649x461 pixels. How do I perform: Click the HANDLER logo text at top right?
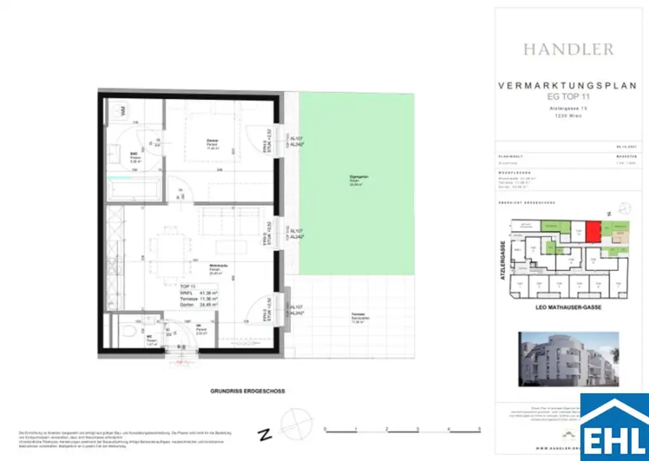[x=568, y=49]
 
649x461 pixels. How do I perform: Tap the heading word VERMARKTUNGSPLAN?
[x=567, y=86]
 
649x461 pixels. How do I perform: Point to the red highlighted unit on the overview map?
[x=592, y=231]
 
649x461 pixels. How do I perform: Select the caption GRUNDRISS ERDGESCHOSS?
[x=248, y=391]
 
